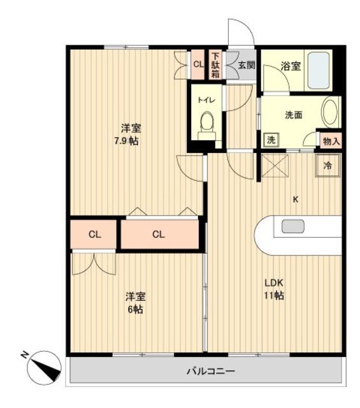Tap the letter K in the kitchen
(295, 199)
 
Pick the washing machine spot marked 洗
(270, 140)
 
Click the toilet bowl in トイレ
(206, 122)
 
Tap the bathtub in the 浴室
(318, 70)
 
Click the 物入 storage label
(331, 140)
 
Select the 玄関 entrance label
(247, 64)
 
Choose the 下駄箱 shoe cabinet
(215, 64)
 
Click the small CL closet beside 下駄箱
(198, 64)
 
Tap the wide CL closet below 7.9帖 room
(159, 234)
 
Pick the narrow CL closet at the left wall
(94, 234)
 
